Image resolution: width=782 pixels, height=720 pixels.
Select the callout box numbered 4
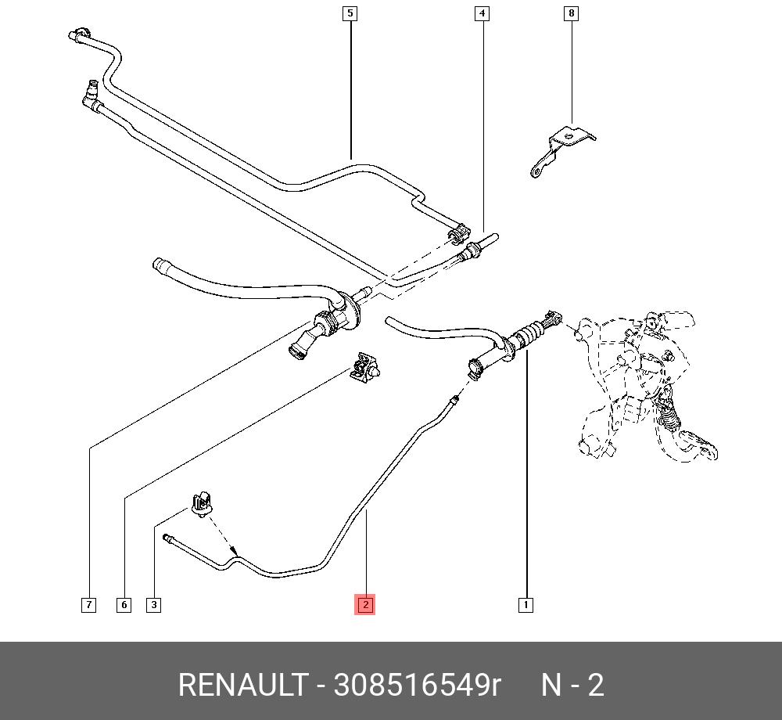click(x=482, y=13)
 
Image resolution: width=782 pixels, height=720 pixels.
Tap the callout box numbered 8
click(x=572, y=13)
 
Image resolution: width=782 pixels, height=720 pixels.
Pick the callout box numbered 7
click(x=89, y=605)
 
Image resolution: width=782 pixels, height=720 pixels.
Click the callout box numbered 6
click(x=124, y=605)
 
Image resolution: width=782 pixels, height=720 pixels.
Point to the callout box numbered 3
click(x=154, y=605)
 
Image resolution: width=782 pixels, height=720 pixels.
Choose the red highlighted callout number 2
click(x=365, y=605)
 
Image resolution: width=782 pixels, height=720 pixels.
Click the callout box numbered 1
click(x=526, y=605)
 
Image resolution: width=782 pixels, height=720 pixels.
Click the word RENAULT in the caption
click(x=242, y=686)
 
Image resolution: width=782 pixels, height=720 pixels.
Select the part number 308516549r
click(x=417, y=686)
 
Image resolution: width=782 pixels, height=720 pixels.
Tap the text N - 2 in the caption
click(x=573, y=686)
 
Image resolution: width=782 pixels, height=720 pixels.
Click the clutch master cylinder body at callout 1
click(x=526, y=337)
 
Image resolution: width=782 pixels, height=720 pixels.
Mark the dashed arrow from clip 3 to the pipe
click(x=222, y=538)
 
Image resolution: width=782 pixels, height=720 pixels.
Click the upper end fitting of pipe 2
click(x=454, y=401)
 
